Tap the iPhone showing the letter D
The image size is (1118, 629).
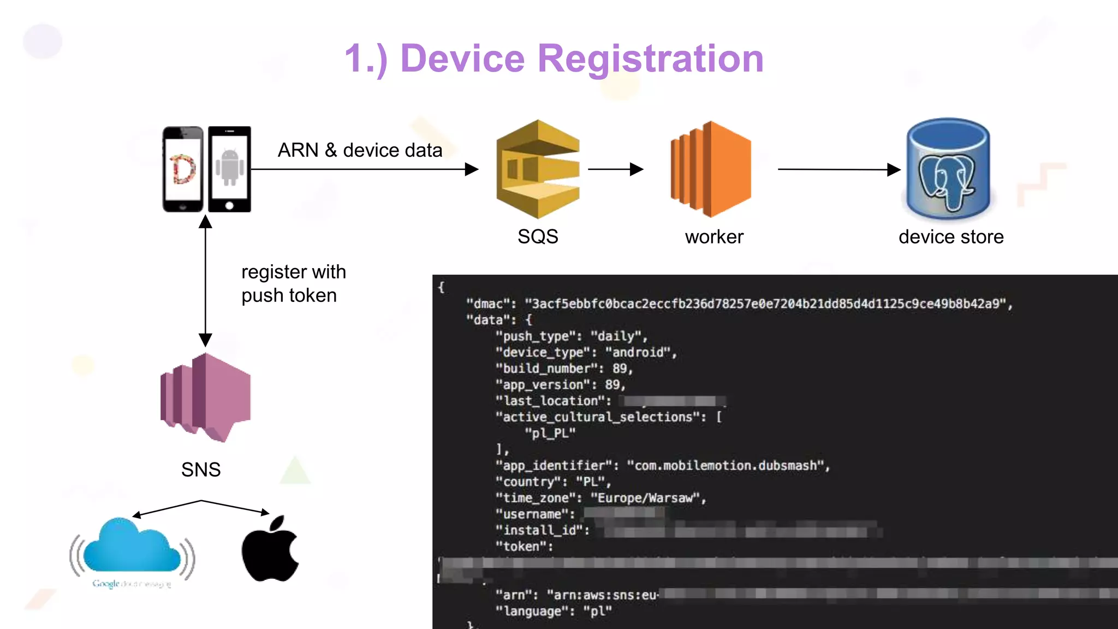(183, 169)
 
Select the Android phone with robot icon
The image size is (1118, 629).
(230, 169)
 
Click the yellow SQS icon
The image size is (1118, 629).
(538, 169)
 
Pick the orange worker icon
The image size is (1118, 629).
(711, 169)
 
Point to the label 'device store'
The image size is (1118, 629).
(951, 237)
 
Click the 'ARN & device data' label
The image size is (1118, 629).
(360, 150)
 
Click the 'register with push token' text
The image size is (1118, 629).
(293, 283)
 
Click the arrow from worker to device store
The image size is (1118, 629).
(838, 169)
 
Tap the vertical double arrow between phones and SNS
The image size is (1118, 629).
(205, 281)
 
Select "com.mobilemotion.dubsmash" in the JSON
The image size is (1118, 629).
(725, 466)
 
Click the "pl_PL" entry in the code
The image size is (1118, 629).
(550, 434)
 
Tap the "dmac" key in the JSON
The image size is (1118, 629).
(488, 304)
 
